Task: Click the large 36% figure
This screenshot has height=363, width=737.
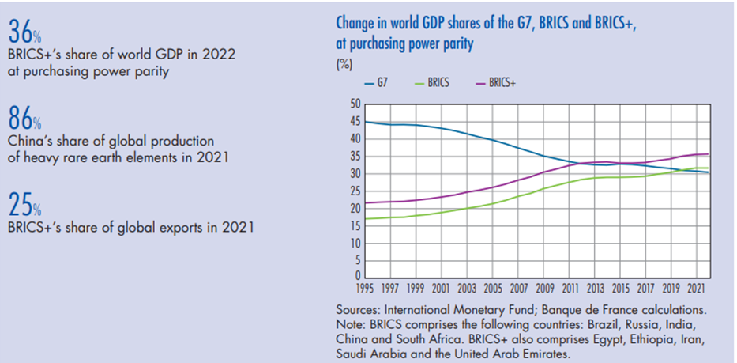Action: point(24,32)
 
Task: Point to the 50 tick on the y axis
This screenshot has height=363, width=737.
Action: point(355,104)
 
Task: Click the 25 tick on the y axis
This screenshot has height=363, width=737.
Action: point(355,191)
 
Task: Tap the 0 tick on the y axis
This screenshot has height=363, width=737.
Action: point(357,276)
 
